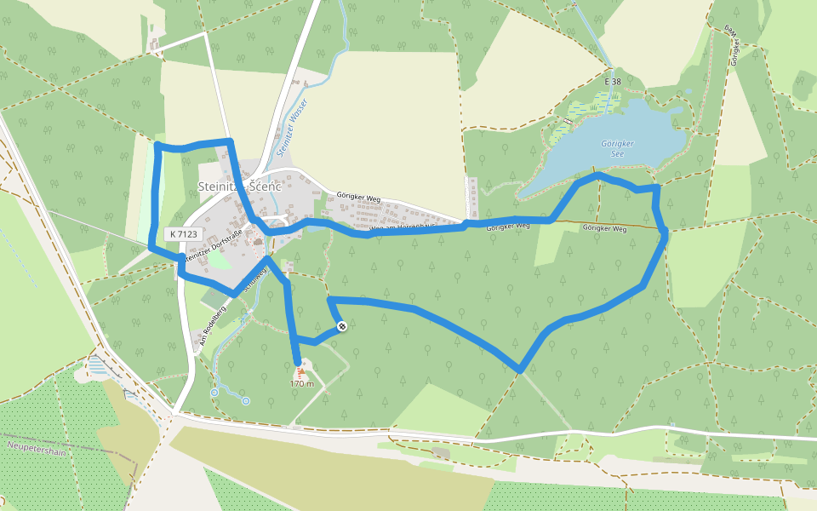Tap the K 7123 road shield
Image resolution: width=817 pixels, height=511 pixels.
click(x=183, y=234)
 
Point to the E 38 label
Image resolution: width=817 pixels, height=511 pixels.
click(x=613, y=82)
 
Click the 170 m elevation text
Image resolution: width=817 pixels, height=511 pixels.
click(x=302, y=384)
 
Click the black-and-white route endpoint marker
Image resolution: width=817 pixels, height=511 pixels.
click(x=341, y=326)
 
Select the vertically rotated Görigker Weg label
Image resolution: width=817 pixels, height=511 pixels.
click(x=732, y=44)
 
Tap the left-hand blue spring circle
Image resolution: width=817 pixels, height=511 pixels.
click(x=214, y=392)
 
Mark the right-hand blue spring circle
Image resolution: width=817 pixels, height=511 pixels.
click(x=245, y=400)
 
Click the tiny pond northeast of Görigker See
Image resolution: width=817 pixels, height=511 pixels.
click(x=688, y=92)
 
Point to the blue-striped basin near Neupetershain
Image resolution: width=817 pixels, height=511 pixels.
click(x=97, y=366)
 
